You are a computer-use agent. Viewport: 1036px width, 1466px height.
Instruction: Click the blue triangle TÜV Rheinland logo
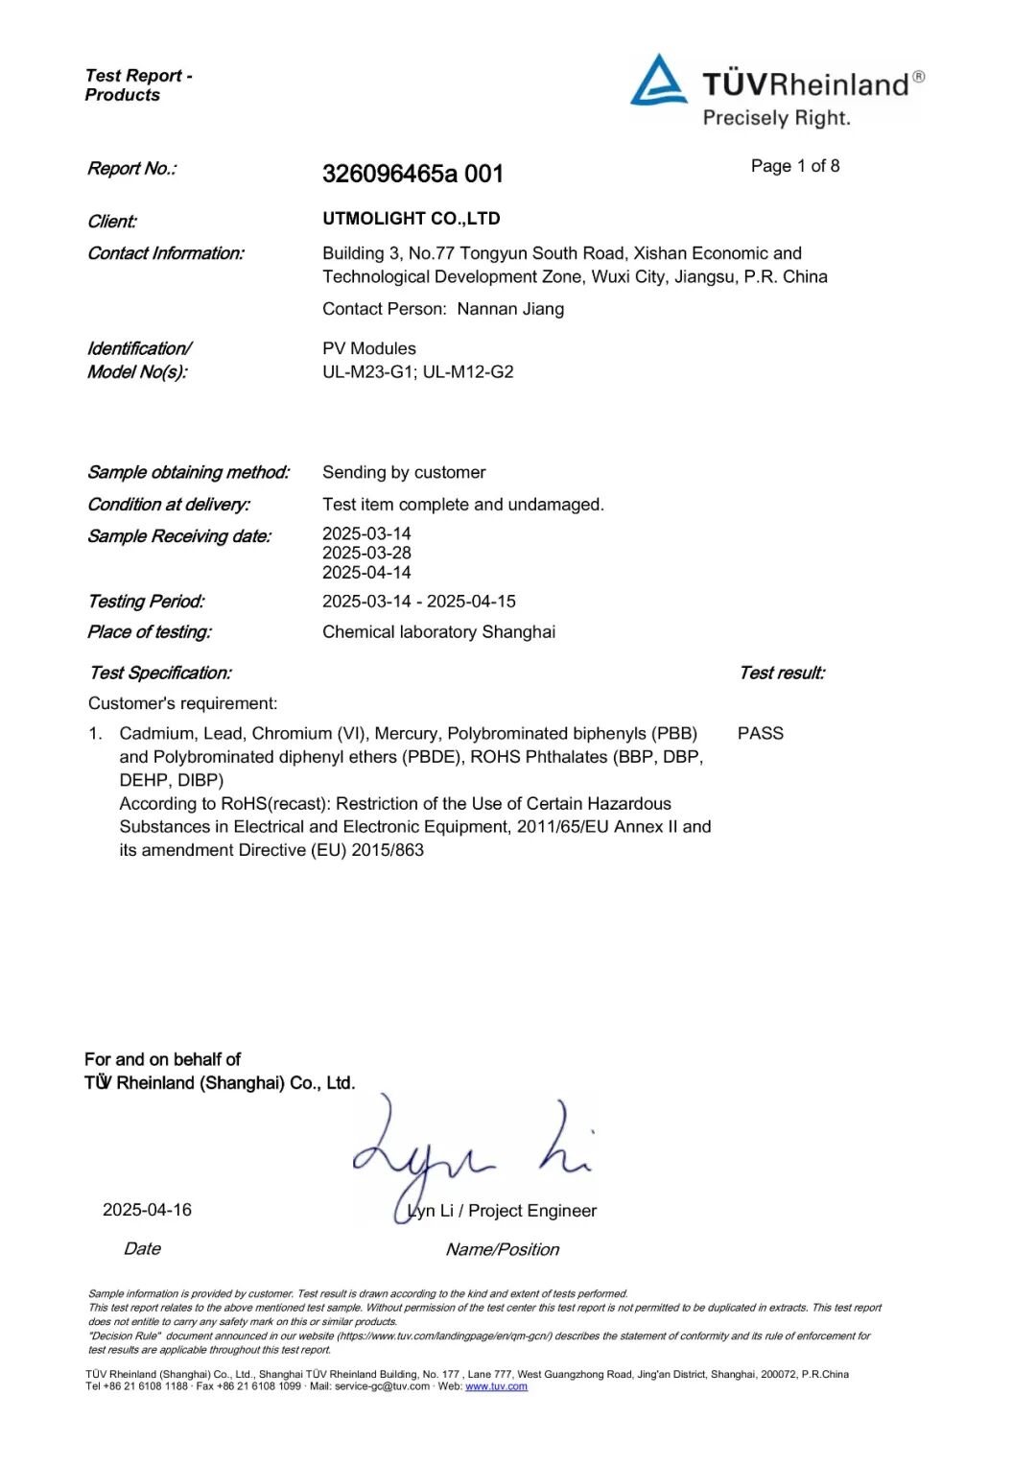[658, 81]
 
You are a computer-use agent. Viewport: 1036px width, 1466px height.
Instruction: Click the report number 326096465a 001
[412, 174]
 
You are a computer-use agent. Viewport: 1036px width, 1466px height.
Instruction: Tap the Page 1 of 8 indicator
[794, 166]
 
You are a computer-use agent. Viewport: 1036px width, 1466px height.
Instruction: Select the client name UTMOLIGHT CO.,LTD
[411, 219]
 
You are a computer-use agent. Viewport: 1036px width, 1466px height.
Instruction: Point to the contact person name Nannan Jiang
[510, 309]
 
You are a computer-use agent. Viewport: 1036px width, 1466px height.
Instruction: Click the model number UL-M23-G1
[365, 371]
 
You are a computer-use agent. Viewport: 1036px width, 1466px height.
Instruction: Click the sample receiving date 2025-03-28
[366, 553]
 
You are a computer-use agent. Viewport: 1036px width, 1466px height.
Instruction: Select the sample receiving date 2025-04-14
[366, 572]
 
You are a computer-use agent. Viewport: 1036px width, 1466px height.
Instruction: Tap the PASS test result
[760, 733]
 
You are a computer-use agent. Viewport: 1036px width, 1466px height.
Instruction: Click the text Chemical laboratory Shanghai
[438, 631]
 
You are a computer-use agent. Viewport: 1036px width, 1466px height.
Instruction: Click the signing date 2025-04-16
[147, 1210]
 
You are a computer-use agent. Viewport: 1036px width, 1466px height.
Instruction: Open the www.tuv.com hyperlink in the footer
[496, 1386]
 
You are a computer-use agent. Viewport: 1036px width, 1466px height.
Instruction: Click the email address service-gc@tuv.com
[382, 1386]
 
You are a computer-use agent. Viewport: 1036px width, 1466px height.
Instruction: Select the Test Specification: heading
[160, 673]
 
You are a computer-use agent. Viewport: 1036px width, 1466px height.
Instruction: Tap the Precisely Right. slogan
[776, 118]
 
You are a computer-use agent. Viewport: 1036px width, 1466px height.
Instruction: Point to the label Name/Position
[502, 1249]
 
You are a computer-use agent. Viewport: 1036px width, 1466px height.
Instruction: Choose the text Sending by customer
[404, 472]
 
